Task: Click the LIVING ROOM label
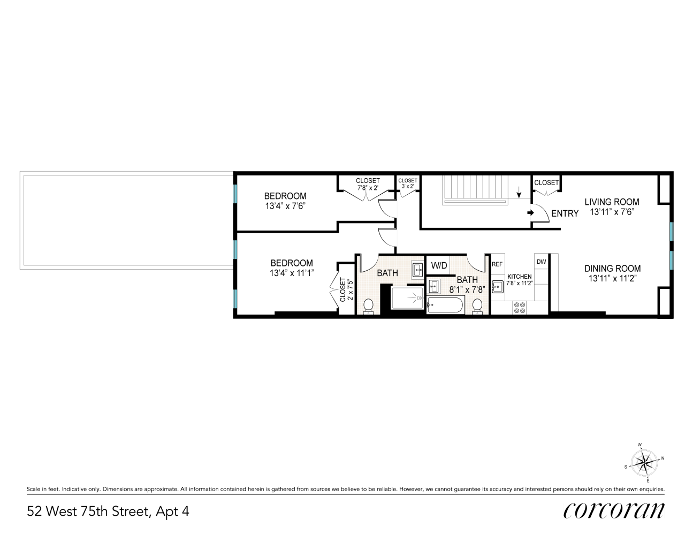[x=612, y=202]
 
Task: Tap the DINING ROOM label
[x=612, y=269]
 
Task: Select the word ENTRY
[x=565, y=213]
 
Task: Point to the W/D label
[x=439, y=265]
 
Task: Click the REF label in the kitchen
[x=497, y=264]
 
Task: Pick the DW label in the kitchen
[x=541, y=262]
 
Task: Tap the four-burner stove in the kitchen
[x=519, y=308]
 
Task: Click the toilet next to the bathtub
[x=478, y=305]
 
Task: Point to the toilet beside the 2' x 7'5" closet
[x=368, y=306]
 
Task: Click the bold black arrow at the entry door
[x=530, y=213]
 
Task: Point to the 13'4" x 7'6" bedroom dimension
[x=285, y=206]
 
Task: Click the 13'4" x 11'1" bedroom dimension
[x=291, y=273]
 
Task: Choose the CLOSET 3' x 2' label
[x=408, y=184]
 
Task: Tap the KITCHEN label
[x=519, y=277]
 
